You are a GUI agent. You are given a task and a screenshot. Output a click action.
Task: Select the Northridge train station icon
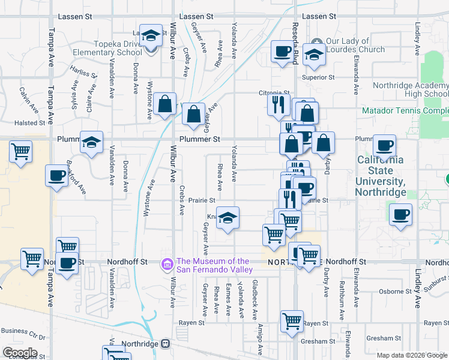165,344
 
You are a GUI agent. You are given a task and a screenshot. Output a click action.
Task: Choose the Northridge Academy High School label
410,89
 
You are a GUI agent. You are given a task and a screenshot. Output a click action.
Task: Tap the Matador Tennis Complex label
406,111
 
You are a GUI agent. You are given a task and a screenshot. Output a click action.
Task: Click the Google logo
19,352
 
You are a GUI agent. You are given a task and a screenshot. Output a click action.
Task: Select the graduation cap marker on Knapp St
228,218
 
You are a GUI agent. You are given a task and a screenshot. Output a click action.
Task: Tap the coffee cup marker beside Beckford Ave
57,176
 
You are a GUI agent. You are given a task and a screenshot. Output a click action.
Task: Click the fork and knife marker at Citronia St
277,105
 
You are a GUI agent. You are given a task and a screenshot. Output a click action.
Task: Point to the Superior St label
318,77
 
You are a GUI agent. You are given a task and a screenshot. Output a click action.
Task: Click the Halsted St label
30,123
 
